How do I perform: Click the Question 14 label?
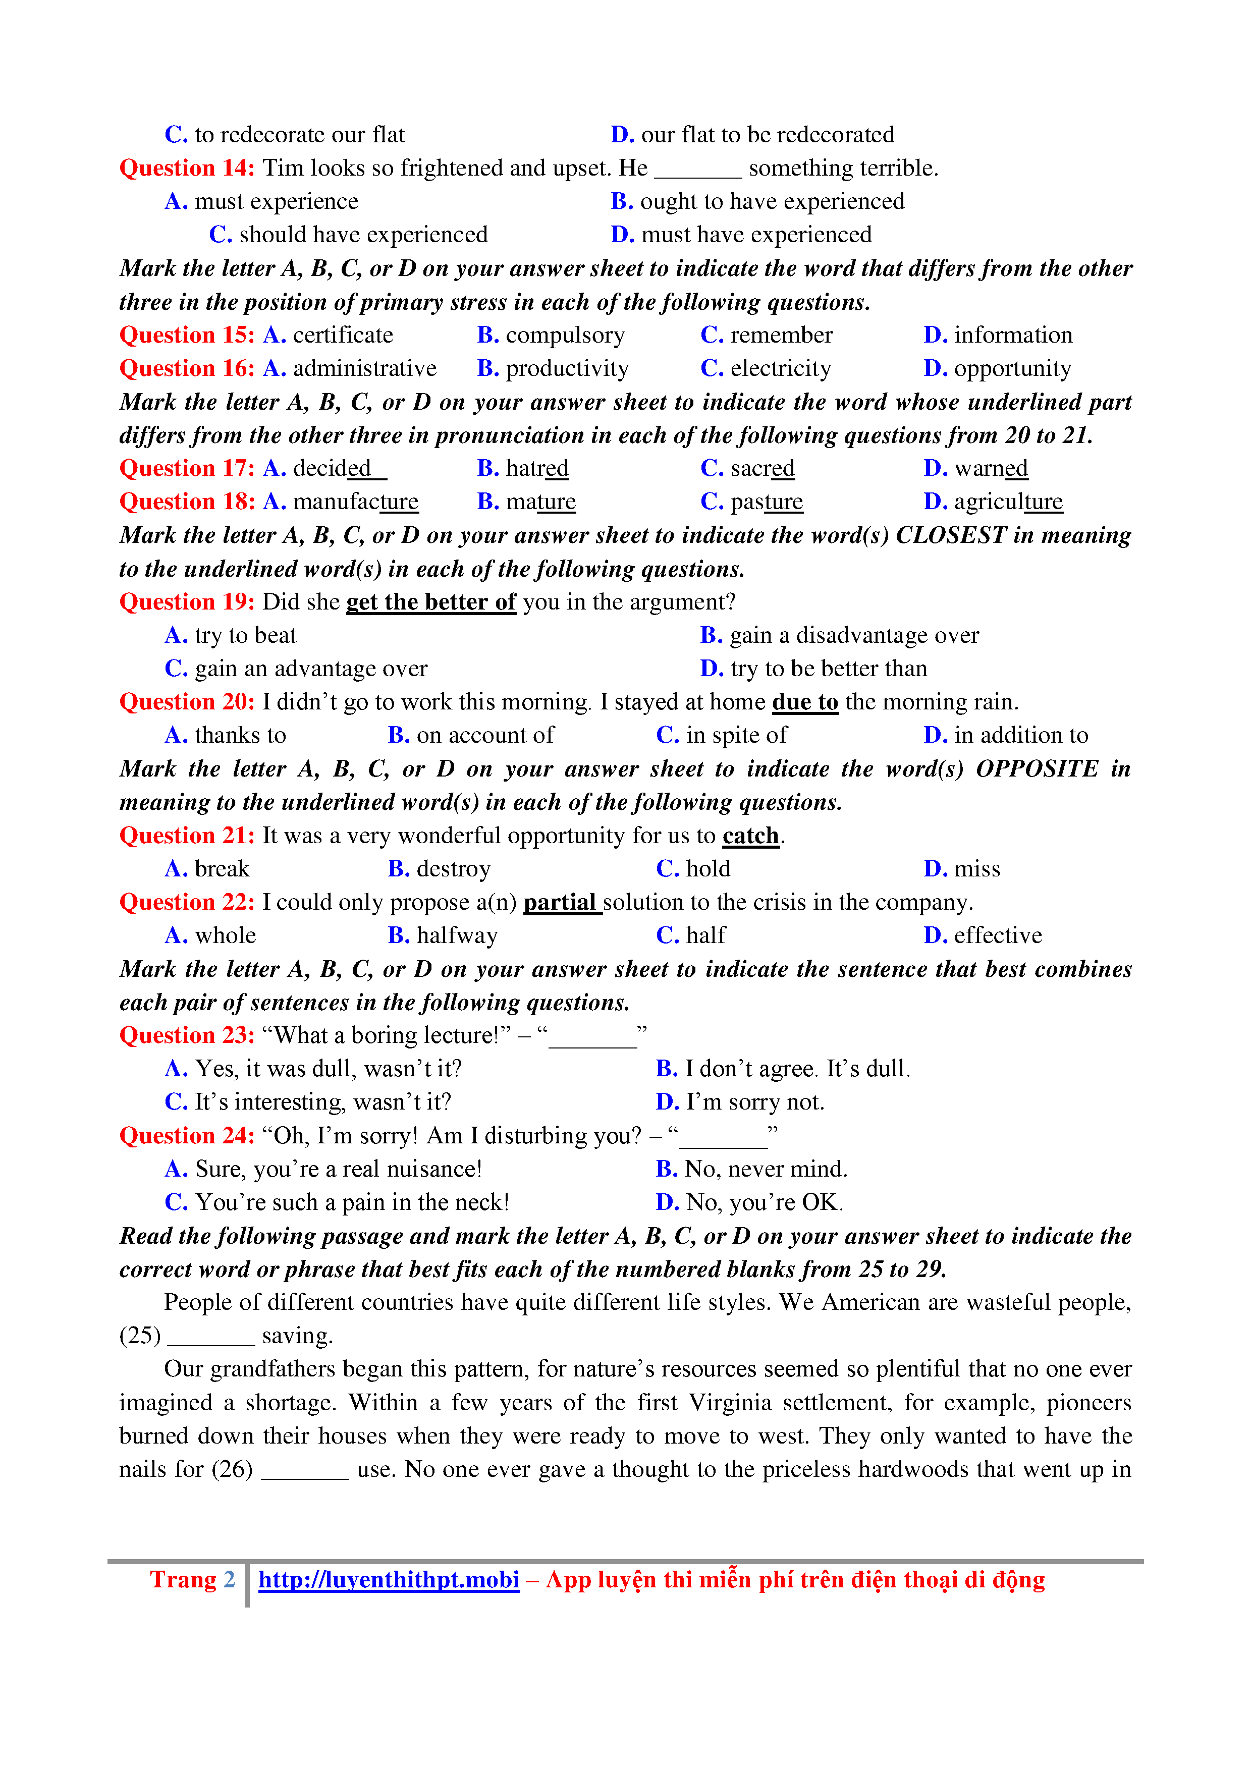187,168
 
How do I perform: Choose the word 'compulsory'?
564,336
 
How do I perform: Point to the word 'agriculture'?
1008,502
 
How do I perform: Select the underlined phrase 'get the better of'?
431,602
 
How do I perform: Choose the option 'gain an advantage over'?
311,669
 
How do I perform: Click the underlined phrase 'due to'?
805,702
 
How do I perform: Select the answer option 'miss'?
977,869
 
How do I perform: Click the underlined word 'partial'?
561,902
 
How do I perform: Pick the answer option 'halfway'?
456,936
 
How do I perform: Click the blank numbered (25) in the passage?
210,1336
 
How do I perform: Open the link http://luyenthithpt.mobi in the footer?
389,1580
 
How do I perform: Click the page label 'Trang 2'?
192,1580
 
